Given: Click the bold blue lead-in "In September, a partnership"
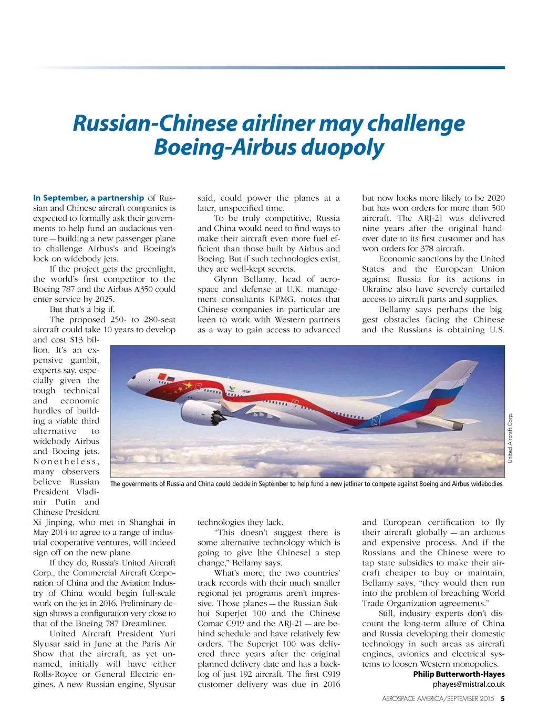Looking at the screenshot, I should click(88, 198).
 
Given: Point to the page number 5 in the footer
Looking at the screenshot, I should click(502, 699).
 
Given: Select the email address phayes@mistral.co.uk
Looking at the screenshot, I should click(468, 684).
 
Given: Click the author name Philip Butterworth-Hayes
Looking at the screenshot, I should click(459, 674).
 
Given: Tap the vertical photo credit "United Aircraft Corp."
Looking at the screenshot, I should click(510, 438).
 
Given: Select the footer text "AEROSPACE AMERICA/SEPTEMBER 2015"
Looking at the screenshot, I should click(438, 699).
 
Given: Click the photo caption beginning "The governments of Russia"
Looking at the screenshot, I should click(307, 484).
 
